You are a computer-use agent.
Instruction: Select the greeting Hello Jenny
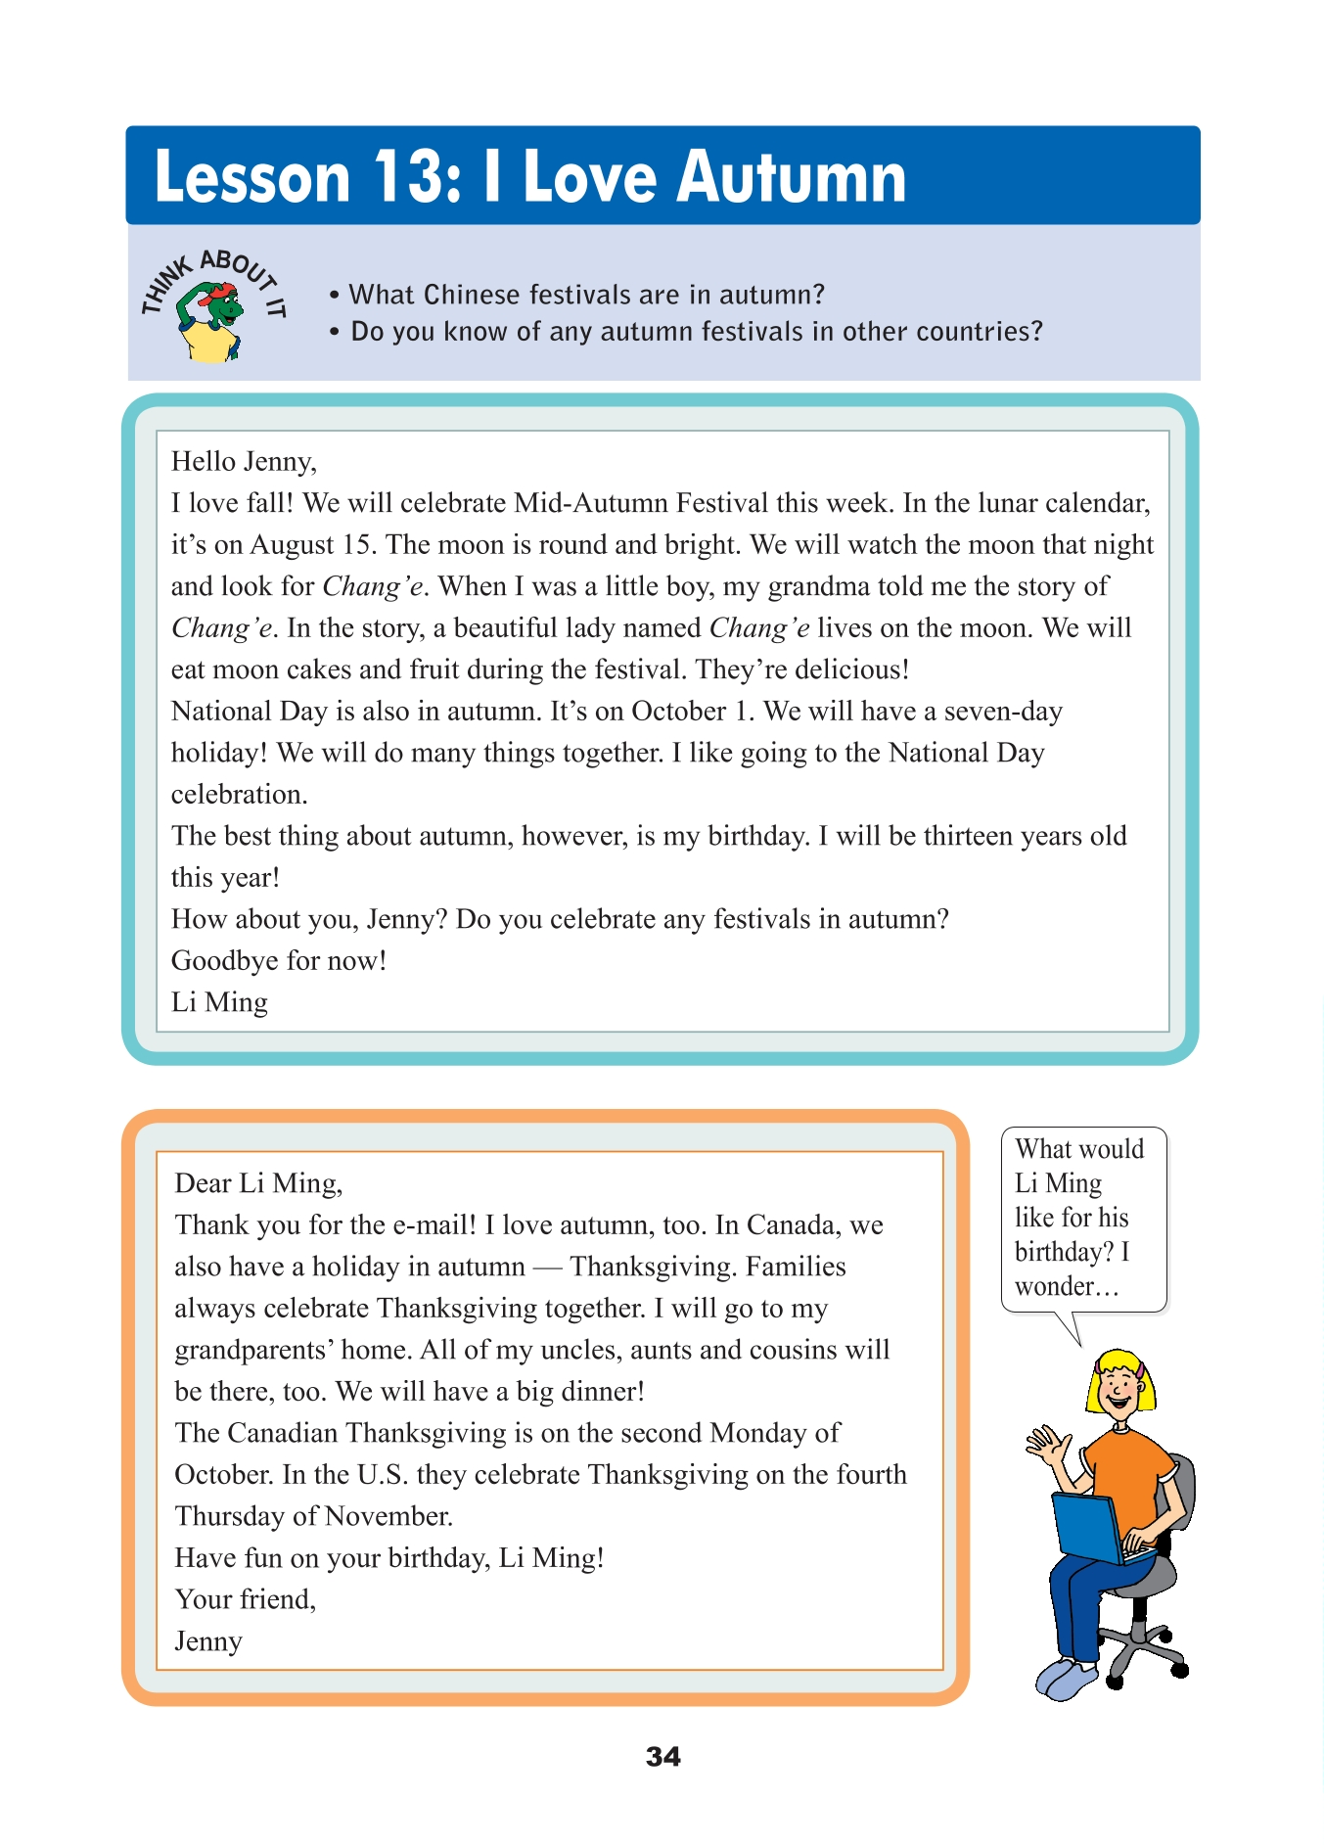click(244, 462)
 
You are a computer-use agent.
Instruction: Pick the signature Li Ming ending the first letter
click(219, 1002)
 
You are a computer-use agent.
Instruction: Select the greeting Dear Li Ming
click(258, 1183)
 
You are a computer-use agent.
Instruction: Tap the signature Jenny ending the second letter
click(208, 1641)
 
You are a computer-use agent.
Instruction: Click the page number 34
click(662, 1757)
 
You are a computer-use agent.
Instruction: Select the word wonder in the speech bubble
click(1055, 1286)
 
